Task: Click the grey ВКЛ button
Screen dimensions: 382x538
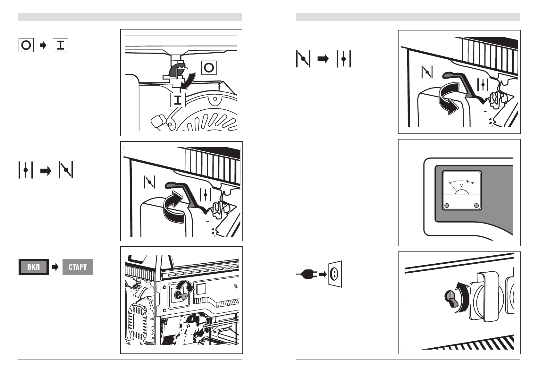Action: [x=34, y=267]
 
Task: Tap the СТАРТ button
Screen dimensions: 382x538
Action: [x=78, y=267]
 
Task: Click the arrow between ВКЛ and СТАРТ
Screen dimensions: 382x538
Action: [x=56, y=267]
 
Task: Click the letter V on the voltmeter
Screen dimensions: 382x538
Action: [x=461, y=186]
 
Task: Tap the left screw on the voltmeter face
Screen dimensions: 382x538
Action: [x=447, y=205]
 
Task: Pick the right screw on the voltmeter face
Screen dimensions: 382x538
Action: [x=476, y=205]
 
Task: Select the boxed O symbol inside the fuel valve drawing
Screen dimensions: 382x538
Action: [x=209, y=68]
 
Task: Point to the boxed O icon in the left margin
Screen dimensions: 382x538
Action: [x=26, y=45]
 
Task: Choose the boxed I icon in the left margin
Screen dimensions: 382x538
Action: [x=60, y=45]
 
